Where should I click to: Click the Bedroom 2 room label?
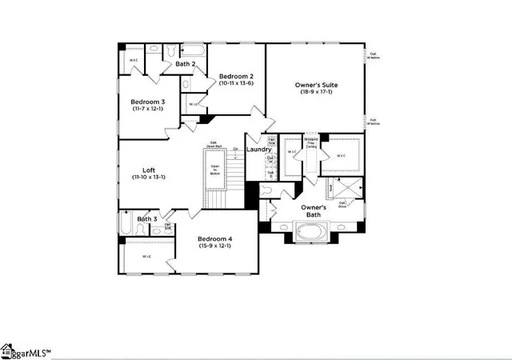[x=237, y=75]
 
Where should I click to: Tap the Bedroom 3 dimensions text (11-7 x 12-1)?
[x=147, y=109]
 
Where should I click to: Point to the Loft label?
[x=149, y=170]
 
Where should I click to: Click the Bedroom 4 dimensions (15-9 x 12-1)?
[x=214, y=246]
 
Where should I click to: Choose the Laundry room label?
[x=258, y=150]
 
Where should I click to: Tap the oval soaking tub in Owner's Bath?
[x=310, y=232]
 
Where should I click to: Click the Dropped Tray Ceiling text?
[x=310, y=142]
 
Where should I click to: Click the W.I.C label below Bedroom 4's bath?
[x=147, y=256]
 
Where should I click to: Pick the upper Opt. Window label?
[x=374, y=56]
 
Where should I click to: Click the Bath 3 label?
[x=146, y=218]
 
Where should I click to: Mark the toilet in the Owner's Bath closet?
[x=266, y=190]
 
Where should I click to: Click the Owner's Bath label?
[x=312, y=211]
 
